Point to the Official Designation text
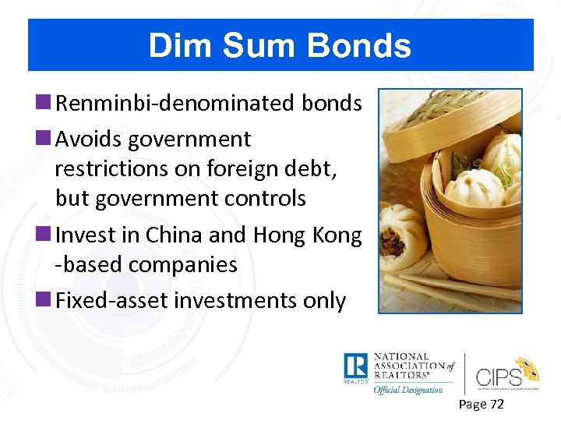[x=408, y=389]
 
